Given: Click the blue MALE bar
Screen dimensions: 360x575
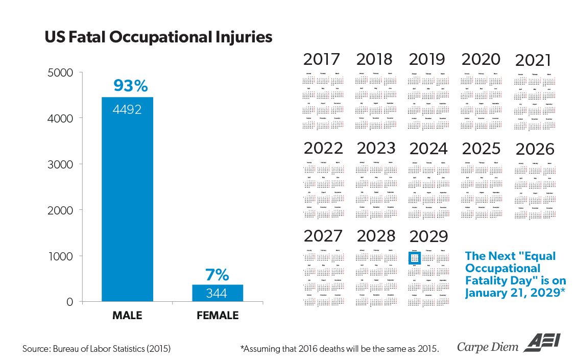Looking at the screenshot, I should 127,204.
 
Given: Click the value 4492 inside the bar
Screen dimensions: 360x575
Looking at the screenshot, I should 127,109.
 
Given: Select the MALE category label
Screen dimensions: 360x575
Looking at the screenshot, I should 127,316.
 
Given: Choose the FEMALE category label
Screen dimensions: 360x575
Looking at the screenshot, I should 218,316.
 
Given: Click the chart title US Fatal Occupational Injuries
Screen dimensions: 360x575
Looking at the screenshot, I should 158,38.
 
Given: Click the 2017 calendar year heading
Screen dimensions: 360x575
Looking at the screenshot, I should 322,59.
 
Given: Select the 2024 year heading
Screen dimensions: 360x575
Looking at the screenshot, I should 428,149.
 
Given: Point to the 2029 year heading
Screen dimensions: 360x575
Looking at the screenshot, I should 428,236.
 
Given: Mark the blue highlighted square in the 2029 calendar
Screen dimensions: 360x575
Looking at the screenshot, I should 414,258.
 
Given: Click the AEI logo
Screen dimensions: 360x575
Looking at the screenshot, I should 541,343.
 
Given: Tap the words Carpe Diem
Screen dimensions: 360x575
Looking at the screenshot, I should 487,347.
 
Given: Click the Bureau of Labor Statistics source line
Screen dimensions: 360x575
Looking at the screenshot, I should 97,349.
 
